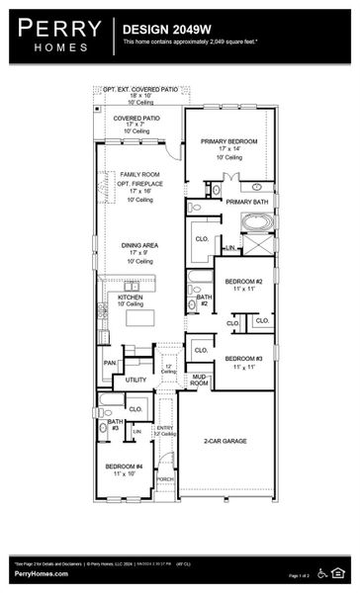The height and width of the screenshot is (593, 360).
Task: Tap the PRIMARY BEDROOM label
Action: pyautogui.click(x=228, y=141)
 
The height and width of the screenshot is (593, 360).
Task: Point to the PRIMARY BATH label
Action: pyautogui.click(x=246, y=202)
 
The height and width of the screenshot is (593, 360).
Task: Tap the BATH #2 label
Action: pyautogui.click(x=204, y=299)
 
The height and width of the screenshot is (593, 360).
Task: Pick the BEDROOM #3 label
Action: pyautogui.click(x=243, y=359)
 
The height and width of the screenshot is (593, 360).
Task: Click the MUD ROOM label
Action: pyautogui.click(x=199, y=380)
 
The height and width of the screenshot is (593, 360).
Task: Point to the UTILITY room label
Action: pyautogui.click(x=136, y=380)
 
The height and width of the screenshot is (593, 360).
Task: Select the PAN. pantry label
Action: pyautogui.click(x=109, y=363)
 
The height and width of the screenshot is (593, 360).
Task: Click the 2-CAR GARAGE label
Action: pyautogui.click(x=226, y=441)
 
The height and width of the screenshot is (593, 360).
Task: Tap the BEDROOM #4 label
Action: pyautogui.click(x=126, y=467)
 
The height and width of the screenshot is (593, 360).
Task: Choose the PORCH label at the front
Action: pyautogui.click(x=165, y=478)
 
